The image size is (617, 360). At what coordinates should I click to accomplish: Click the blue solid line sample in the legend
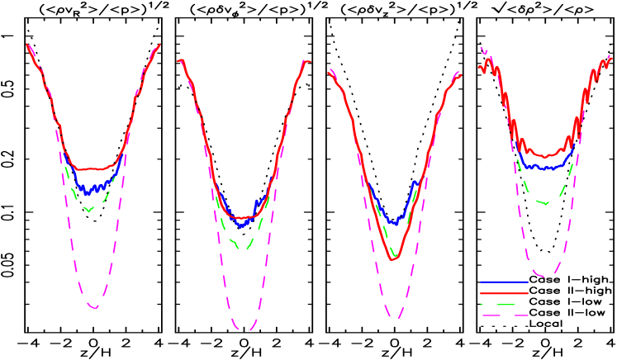click(x=504, y=282)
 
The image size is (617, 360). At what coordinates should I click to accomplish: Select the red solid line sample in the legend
click(x=504, y=293)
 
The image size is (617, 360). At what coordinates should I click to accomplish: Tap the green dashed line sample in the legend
click(x=499, y=305)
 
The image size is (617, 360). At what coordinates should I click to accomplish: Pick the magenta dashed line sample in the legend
click(x=504, y=315)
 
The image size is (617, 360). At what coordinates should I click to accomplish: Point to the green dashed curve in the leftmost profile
click(x=88, y=210)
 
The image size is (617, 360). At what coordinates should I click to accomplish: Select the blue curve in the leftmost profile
click(x=91, y=187)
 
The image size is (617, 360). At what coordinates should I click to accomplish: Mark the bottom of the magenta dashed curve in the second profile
click(x=244, y=329)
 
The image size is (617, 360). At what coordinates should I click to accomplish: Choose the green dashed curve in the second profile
click(x=241, y=247)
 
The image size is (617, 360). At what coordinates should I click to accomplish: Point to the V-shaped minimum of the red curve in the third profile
click(x=393, y=258)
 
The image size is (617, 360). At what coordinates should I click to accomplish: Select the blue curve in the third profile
click(x=395, y=221)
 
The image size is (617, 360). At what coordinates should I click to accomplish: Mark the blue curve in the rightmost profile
click(x=545, y=168)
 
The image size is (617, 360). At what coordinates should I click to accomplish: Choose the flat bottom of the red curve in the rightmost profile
click(x=545, y=154)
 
